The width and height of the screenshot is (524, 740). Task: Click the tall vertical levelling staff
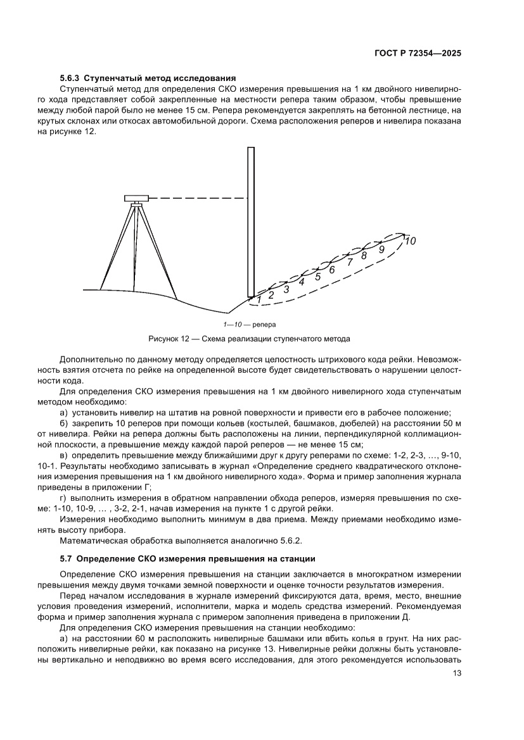(x=251, y=222)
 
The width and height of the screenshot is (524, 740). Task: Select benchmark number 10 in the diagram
(x=410, y=241)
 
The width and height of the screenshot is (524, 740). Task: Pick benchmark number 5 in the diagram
(x=318, y=276)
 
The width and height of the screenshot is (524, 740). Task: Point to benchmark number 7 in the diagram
(x=349, y=262)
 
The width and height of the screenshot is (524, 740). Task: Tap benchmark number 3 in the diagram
(x=286, y=289)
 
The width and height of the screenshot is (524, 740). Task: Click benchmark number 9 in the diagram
(x=381, y=249)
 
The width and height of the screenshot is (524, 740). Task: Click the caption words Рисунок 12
(x=168, y=339)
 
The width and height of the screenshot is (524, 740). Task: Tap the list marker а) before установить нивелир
(x=63, y=411)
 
